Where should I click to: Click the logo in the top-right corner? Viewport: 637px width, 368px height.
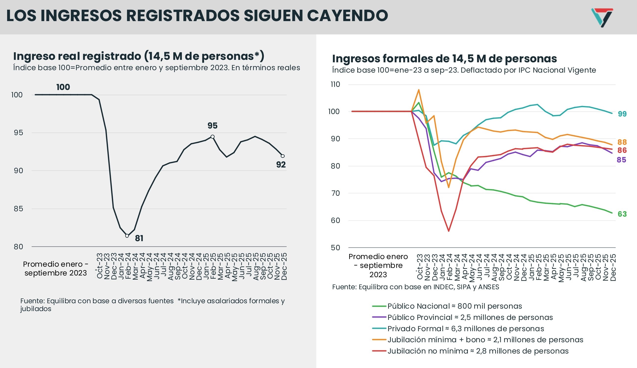click(602, 17)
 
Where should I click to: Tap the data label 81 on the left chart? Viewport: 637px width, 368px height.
click(139, 238)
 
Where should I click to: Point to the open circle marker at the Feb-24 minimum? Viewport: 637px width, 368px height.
click(127, 236)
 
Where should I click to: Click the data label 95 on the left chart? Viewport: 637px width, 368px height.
click(212, 126)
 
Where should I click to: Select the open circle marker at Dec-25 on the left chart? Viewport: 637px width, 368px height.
click(283, 156)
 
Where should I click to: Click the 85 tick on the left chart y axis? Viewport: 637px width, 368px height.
click(18, 209)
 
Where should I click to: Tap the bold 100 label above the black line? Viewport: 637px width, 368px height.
click(63, 87)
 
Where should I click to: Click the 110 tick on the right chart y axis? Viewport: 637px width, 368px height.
click(335, 84)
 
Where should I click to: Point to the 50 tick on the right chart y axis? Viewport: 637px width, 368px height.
click(335, 248)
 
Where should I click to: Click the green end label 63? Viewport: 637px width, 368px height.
click(622, 214)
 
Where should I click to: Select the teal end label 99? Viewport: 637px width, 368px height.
click(622, 114)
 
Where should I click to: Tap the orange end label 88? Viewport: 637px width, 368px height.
click(622, 142)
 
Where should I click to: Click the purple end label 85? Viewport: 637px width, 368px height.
click(621, 160)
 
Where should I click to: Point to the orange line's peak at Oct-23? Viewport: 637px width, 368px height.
click(419, 90)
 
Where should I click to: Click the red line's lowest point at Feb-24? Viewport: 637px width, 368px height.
click(449, 231)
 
